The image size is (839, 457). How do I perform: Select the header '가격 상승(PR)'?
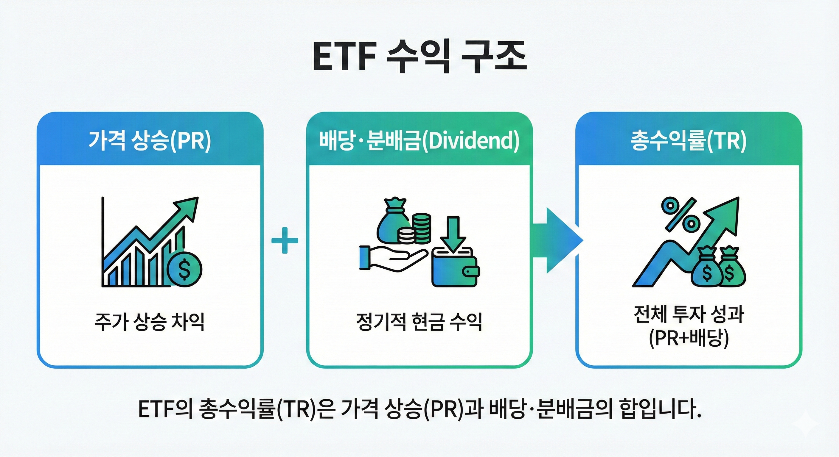point(150,141)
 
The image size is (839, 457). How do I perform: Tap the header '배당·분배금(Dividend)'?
point(419,141)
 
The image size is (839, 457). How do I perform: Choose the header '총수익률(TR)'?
point(688,141)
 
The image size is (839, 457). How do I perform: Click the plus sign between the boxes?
point(285,240)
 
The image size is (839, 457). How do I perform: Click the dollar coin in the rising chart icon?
point(184,269)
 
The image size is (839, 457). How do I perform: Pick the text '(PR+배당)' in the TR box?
point(689,339)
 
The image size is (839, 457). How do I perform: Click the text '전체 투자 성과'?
point(689,314)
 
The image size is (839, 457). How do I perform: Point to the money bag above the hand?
point(392,221)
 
